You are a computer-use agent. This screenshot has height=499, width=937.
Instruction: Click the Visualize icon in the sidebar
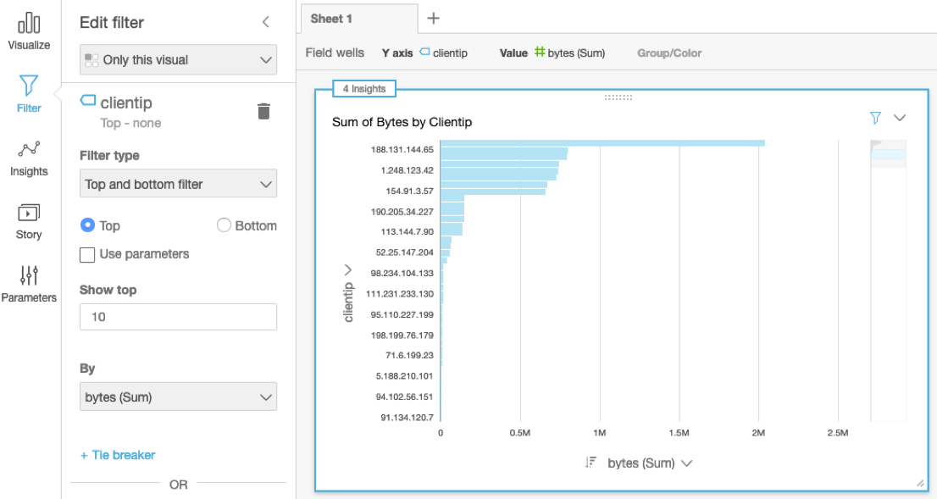pyautogui.click(x=29, y=24)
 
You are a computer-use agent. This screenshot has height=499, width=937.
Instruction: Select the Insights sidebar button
pyautogui.click(x=29, y=151)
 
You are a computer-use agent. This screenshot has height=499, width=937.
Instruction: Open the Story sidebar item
pyautogui.click(x=29, y=213)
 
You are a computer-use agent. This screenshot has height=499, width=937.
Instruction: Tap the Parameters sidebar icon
pyautogui.click(x=29, y=276)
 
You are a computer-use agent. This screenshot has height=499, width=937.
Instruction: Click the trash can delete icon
pyautogui.click(x=263, y=111)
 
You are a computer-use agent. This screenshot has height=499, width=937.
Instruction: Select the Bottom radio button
pyautogui.click(x=224, y=225)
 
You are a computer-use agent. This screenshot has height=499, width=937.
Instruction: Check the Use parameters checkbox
pyautogui.click(x=86, y=254)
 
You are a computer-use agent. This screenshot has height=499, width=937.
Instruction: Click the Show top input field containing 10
pyautogui.click(x=178, y=317)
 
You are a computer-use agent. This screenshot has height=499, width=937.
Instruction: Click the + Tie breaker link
pyautogui.click(x=118, y=455)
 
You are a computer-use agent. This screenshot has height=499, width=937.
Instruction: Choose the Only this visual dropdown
pyautogui.click(x=178, y=60)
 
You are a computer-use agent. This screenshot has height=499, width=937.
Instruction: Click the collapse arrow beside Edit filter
pyautogui.click(x=265, y=22)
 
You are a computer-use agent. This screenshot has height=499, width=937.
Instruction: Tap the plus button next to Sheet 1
pyautogui.click(x=433, y=18)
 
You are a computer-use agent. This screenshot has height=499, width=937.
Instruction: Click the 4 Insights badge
pyautogui.click(x=364, y=89)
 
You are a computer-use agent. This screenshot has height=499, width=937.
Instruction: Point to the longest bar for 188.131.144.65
pyautogui.click(x=602, y=144)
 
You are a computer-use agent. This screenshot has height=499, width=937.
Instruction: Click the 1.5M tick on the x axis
pyautogui.click(x=678, y=433)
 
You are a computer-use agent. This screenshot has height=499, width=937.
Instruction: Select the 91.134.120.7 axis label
pyautogui.click(x=407, y=417)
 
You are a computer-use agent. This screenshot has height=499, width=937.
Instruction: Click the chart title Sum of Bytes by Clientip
pyautogui.click(x=402, y=122)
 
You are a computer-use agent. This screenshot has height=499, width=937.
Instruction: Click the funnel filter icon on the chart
pyautogui.click(x=876, y=118)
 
